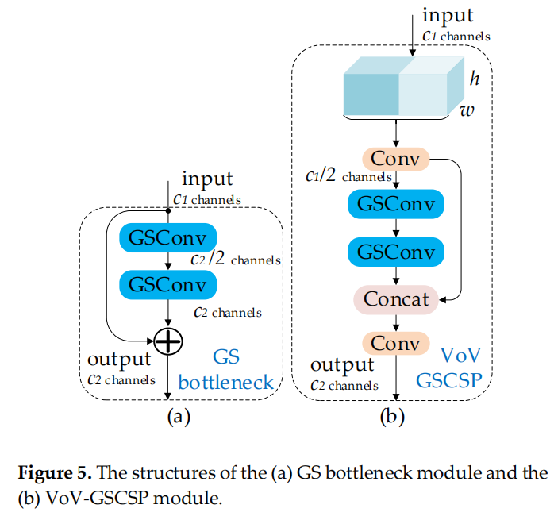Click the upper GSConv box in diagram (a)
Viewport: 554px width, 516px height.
pos(167,237)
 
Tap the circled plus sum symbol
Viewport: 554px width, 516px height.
pos(168,341)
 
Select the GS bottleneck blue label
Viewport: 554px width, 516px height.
pos(226,370)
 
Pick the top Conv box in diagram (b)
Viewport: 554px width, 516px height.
pos(395,160)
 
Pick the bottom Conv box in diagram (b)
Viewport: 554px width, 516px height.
pos(395,344)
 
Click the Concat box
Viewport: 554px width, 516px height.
pos(395,299)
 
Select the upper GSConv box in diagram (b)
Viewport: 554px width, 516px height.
pos(395,203)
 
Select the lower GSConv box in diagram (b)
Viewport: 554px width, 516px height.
pos(395,252)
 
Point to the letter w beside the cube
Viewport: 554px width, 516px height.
pos(467,110)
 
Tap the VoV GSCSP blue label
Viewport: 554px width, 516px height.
pos(448,366)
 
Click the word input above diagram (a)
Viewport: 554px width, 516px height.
pos(207,179)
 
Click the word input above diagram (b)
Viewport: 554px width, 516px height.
pos(448,15)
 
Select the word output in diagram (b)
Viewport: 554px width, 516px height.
pos(341,365)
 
